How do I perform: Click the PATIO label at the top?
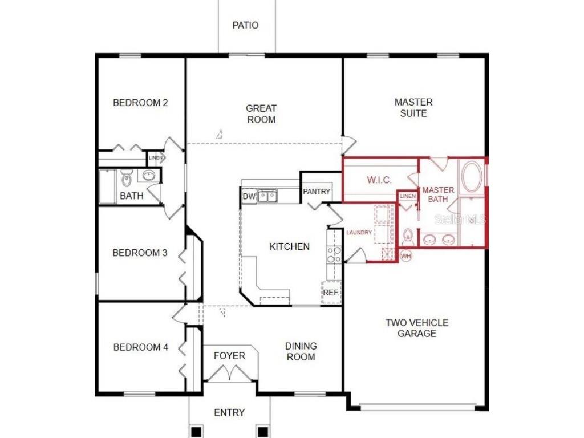246,26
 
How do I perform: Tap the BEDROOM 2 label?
140,103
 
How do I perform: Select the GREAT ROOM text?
261,114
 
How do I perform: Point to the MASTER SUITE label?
413,108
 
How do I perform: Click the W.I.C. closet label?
379,180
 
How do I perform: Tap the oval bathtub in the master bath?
472,178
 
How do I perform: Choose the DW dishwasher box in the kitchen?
249,197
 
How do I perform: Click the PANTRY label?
317,192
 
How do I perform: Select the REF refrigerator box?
331,293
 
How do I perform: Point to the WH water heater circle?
406,256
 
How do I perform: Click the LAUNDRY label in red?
359,233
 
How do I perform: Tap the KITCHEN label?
290,247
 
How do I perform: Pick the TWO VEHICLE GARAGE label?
417,328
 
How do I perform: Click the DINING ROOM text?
301,351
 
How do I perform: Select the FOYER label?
230,356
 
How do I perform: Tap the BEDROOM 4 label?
140,347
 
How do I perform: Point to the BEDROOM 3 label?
140,253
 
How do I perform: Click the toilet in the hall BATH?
127,180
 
